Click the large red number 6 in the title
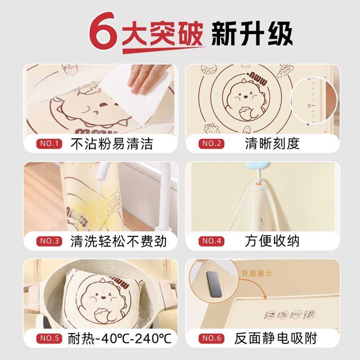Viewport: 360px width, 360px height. click(x=103, y=32)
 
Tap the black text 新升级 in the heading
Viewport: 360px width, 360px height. click(x=252, y=32)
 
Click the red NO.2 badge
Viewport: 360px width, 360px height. click(x=211, y=144)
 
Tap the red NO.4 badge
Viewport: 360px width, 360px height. click(x=211, y=241)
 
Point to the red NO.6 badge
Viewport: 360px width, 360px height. click(x=211, y=338)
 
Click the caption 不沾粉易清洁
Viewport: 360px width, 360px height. click(x=112, y=144)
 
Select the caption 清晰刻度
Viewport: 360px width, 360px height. click(x=272, y=144)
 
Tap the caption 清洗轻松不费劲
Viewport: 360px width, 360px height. click(x=118, y=241)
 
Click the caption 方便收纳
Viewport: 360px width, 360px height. click(x=272, y=241)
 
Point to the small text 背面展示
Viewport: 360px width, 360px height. click(x=256, y=273)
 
